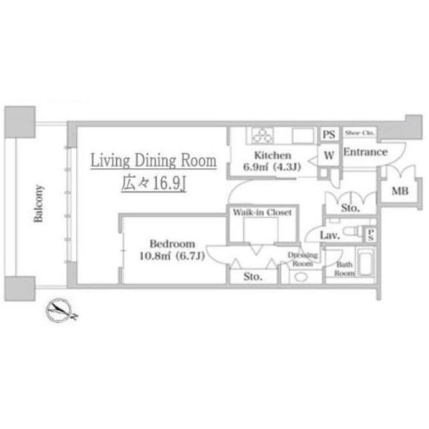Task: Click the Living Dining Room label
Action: point(154,161)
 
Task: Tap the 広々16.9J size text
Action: point(154,183)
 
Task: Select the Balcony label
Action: point(39,204)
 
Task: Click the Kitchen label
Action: point(273,156)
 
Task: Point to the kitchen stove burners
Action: point(262,135)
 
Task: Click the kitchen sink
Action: point(303,135)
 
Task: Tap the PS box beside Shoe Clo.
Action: point(329,134)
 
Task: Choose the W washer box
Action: point(329,155)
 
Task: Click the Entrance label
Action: point(365,152)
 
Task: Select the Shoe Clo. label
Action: point(359,133)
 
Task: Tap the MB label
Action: point(400,191)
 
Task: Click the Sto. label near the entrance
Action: point(350,208)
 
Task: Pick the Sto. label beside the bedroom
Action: point(253,277)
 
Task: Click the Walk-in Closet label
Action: point(262,212)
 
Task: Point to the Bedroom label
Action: point(172,243)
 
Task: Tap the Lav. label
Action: point(330,235)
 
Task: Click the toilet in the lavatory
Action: point(353,231)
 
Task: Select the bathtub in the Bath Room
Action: point(366,261)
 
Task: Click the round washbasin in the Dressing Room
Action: point(301,277)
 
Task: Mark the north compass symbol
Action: point(60,310)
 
